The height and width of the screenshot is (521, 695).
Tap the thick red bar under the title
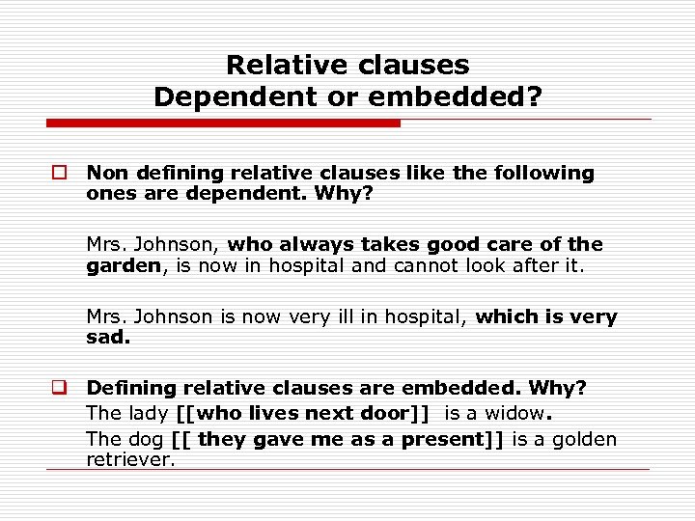tap(223, 123)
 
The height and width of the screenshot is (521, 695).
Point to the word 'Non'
tap(102, 174)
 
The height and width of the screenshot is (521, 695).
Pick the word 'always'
tap(311, 245)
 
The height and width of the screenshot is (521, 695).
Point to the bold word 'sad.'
tap(108, 338)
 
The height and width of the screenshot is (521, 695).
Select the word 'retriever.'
tap(130, 460)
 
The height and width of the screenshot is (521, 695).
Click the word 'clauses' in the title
tap(413, 66)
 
